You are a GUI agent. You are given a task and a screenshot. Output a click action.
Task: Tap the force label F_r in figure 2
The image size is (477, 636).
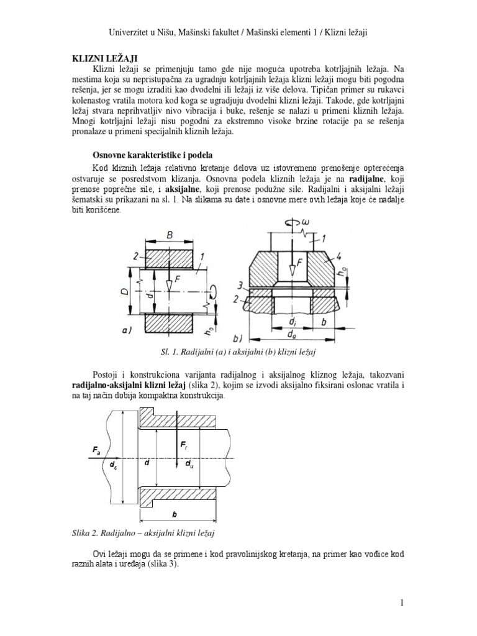(185, 445)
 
